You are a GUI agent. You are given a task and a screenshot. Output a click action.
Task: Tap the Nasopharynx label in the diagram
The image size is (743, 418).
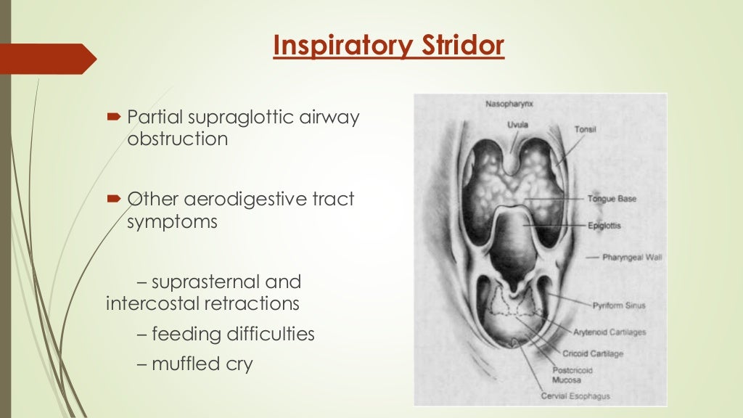click(506, 104)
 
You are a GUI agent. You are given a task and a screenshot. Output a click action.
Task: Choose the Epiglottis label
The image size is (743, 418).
click(605, 226)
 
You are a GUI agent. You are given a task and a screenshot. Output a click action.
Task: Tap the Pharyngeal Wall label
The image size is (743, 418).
click(632, 257)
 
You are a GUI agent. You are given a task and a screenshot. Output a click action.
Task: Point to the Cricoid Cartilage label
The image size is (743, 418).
click(593, 354)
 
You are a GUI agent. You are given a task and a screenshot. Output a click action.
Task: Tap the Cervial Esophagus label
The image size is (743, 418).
click(575, 396)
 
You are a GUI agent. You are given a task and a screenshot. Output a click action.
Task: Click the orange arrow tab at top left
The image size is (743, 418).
click(47, 59)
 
